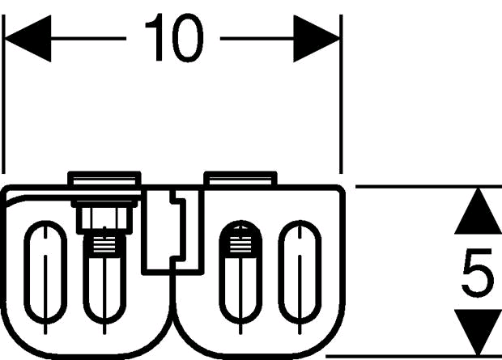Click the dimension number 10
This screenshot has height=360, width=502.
(174, 38)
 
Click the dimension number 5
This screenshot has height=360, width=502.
(478, 273)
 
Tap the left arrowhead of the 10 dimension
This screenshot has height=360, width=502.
(28, 38)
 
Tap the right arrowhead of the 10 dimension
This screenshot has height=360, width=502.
(317, 38)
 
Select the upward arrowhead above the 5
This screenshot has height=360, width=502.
(478, 211)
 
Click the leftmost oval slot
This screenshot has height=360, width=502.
(45, 272)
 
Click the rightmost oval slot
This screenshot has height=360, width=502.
(300, 272)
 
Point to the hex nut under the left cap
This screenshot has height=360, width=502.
(104, 218)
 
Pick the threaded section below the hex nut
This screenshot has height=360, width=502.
(104, 246)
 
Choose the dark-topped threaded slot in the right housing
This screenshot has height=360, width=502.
(240, 272)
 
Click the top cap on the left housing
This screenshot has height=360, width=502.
(104, 179)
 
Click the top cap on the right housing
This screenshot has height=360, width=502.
(240, 179)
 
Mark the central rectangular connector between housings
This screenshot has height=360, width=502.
(172, 232)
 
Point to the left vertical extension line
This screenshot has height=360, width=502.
(3, 94)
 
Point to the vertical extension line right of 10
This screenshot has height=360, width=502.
(341, 94)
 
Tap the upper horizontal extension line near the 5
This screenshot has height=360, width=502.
(428, 186)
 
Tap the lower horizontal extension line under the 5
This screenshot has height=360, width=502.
(414, 356)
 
